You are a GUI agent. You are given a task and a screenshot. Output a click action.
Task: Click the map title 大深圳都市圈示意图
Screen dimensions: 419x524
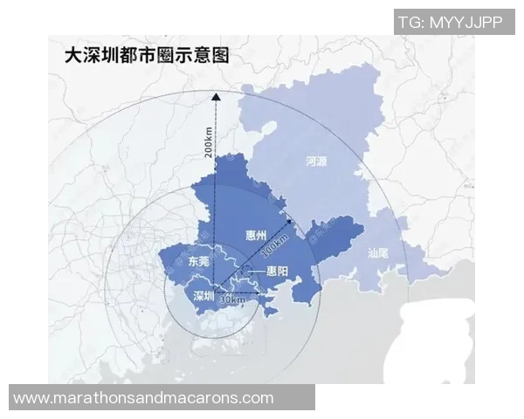point(147,56)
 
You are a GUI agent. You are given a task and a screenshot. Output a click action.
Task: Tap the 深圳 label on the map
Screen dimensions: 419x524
point(204,295)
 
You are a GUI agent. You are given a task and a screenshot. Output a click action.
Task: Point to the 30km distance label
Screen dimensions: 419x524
point(231,299)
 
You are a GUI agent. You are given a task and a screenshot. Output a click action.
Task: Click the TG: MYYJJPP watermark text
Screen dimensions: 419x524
point(450,22)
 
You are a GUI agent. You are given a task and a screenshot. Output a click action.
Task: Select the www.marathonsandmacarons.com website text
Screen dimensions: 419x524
point(144,398)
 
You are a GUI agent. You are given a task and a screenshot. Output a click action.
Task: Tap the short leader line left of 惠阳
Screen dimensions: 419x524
point(259,272)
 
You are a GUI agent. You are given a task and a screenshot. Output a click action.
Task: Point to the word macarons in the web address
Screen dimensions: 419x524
point(211,398)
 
